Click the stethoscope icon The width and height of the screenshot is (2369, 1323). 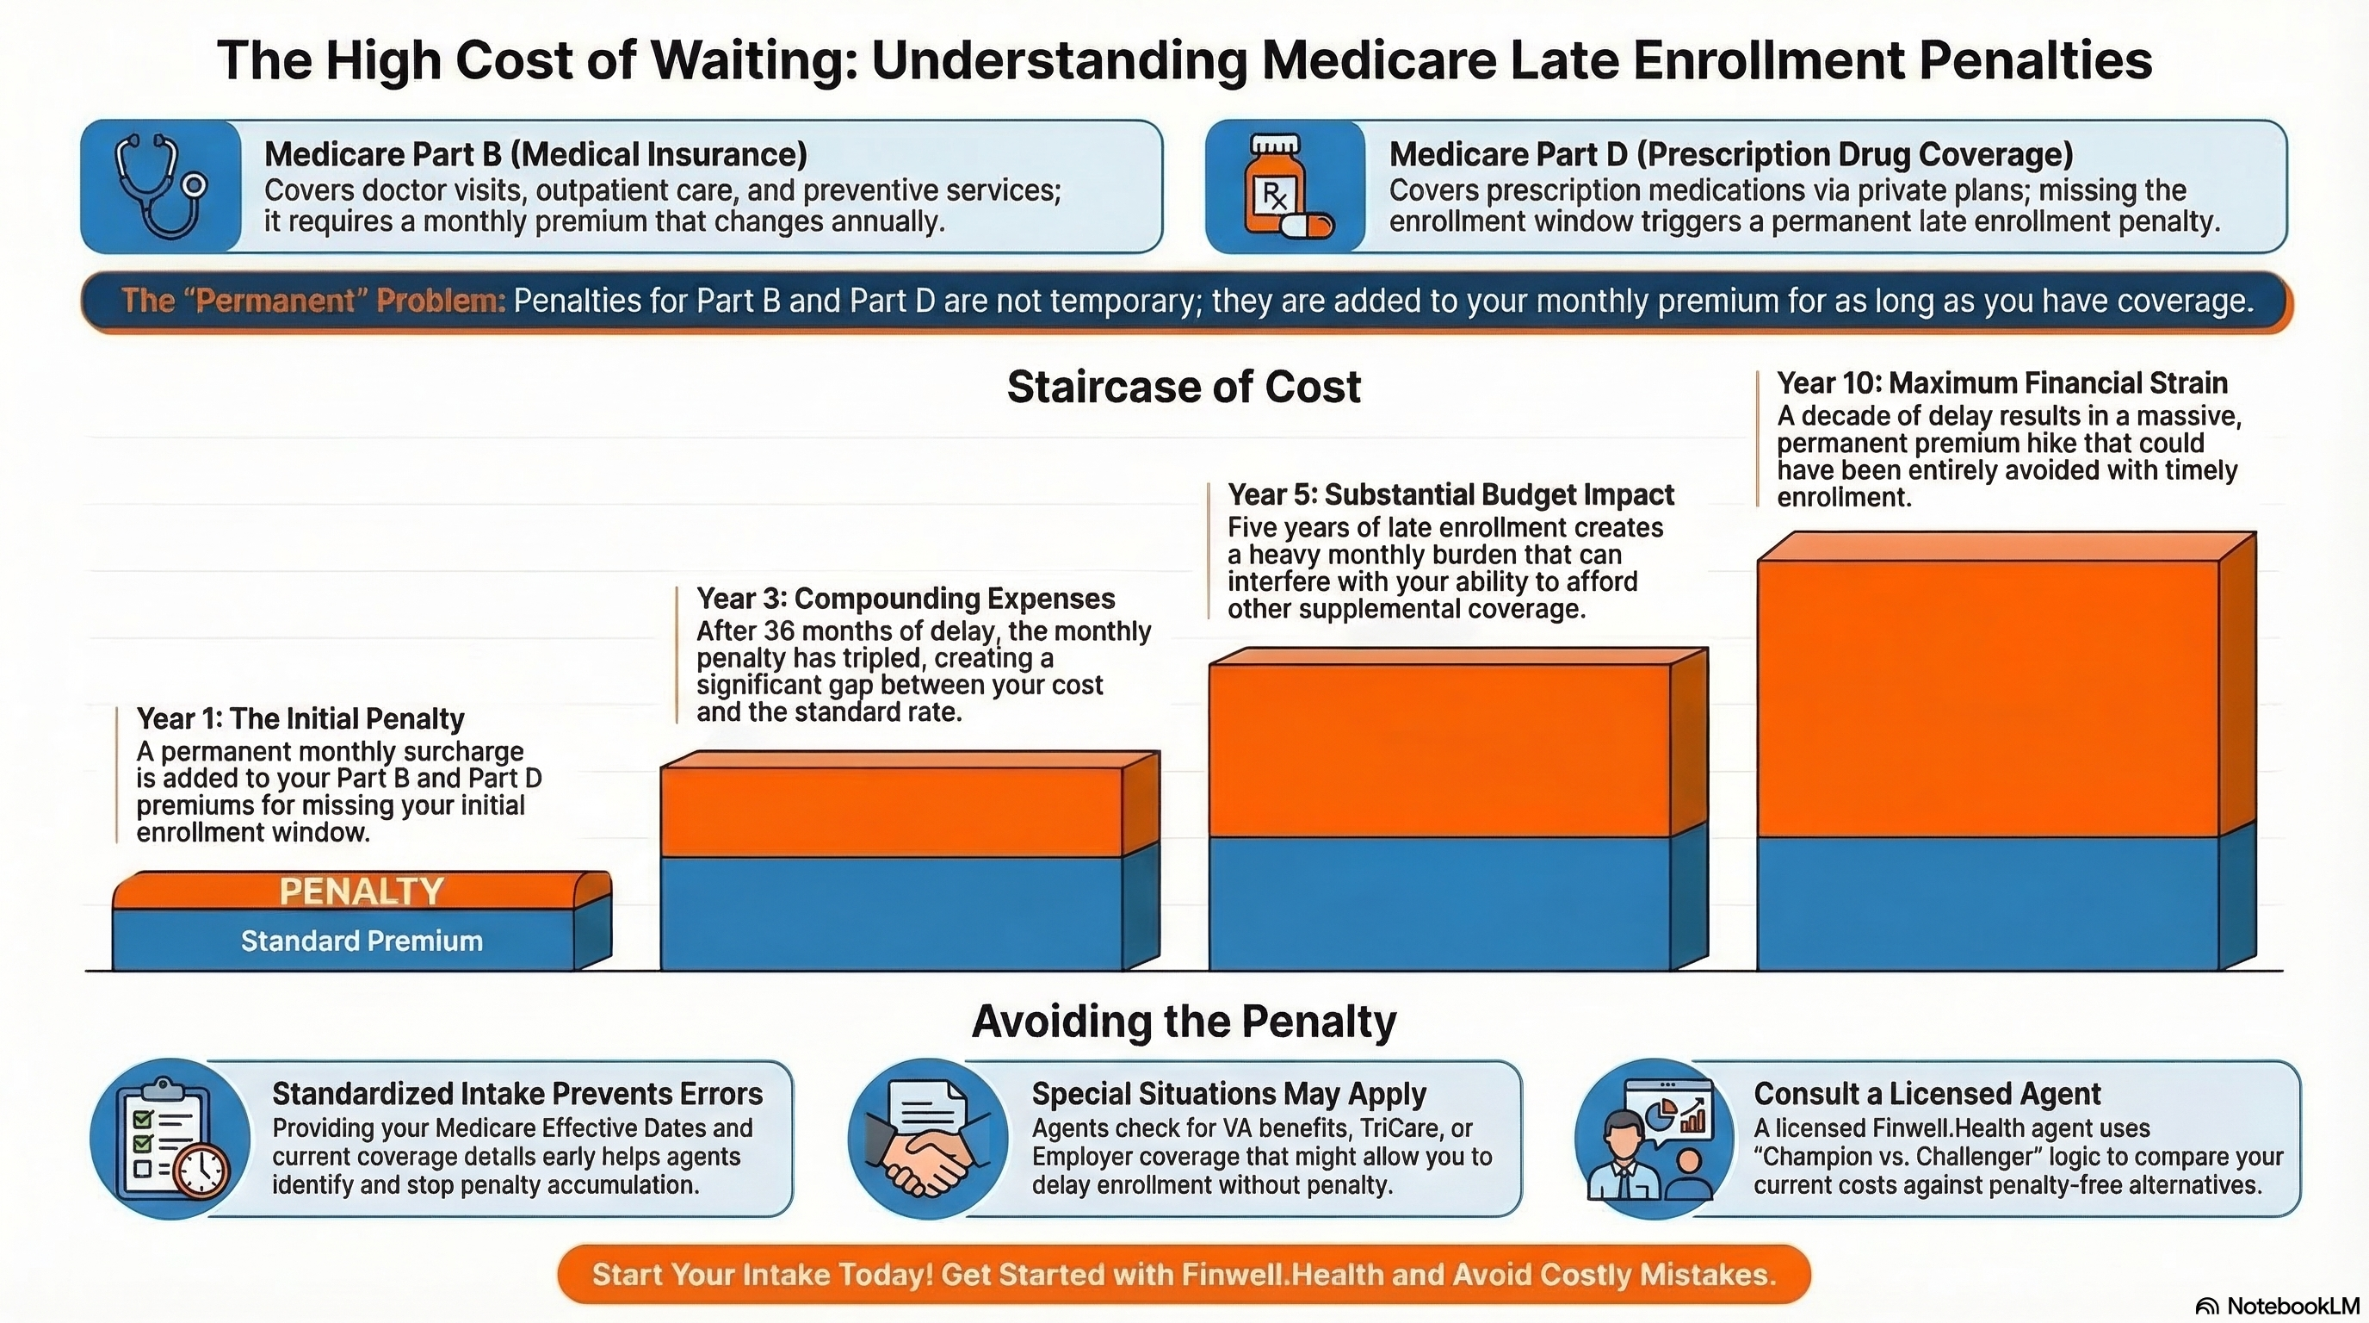[x=160, y=187]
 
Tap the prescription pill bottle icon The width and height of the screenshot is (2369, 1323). [x=1284, y=187]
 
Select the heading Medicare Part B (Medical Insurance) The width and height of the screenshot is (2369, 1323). [x=535, y=153]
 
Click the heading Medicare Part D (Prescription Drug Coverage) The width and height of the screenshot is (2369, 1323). [x=1731, y=153]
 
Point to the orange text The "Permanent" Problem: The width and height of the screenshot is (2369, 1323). [x=313, y=301]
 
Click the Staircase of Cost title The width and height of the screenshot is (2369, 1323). [x=1184, y=387]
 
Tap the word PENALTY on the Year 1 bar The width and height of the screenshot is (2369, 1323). [x=362, y=891]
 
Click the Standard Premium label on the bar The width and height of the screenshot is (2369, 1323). [x=362, y=941]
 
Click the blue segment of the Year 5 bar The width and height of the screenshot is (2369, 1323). [x=1438, y=902]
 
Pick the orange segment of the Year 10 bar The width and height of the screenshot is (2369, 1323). [x=1987, y=699]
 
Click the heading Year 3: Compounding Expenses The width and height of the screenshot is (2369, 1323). [x=905, y=598]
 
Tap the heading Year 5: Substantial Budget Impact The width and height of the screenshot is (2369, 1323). [x=1450, y=494]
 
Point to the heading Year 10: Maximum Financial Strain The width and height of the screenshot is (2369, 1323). [x=2001, y=382]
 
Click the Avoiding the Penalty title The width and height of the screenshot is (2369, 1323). [x=1184, y=1022]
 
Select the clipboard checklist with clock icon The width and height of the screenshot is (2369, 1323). [x=170, y=1139]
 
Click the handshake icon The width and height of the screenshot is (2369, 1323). [x=927, y=1139]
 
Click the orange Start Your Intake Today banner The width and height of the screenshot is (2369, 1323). [x=1184, y=1274]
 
